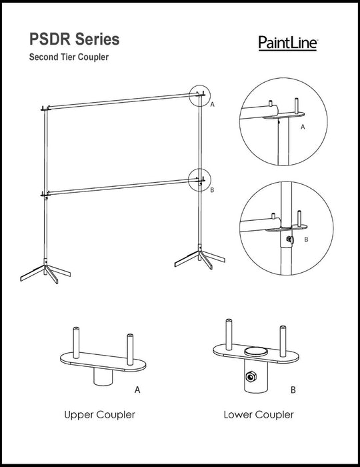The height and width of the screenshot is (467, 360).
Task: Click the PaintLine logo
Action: pos(288,43)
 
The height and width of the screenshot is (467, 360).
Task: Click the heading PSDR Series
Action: pos(75,39)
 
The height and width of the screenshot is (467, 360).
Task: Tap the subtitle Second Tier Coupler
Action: pos(69,57)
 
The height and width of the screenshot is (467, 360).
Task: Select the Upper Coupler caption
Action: pos(100,414)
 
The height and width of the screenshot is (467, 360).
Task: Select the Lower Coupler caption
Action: pos(259,414)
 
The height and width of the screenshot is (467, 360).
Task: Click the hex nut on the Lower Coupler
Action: pos(251,378)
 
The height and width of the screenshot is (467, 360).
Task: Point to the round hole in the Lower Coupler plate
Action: pos(256,351)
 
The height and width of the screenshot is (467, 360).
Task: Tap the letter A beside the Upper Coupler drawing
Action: pos(137,390)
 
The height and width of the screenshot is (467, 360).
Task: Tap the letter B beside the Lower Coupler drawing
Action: pos(293,390)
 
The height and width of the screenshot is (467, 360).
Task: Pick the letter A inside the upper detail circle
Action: pos(303,127)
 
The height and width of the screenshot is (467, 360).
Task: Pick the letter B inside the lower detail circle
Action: pos(307,240)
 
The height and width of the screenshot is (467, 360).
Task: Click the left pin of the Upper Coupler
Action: pos(76,343)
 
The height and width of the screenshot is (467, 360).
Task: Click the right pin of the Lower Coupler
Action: pos(283,342)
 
